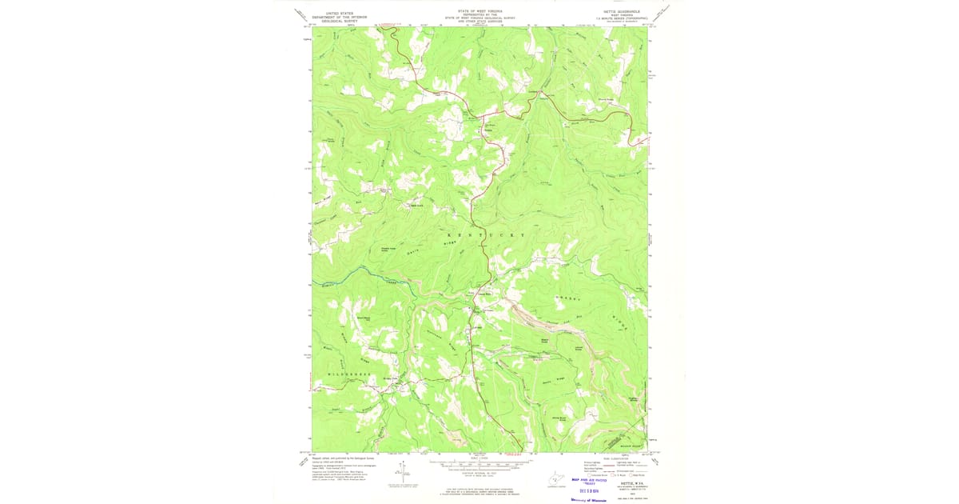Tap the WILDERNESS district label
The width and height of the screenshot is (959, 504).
point(349,374)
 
